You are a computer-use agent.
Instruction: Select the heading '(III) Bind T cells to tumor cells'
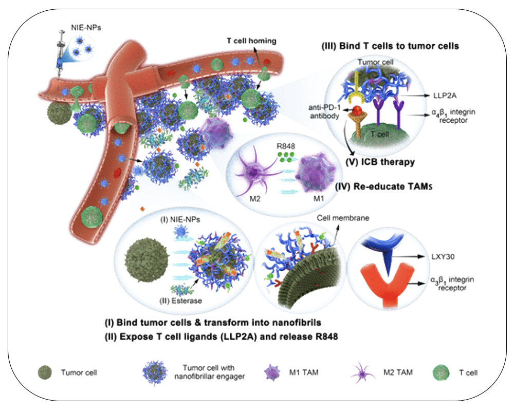coord(386,46)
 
